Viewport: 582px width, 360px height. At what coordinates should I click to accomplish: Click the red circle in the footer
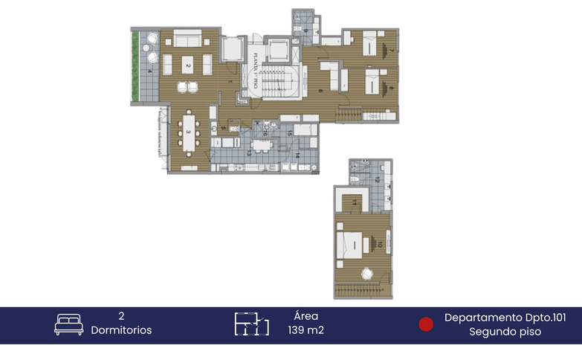point(426,324)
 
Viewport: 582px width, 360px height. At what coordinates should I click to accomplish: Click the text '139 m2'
point(305,330)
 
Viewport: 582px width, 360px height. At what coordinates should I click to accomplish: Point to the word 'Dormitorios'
point(121,330)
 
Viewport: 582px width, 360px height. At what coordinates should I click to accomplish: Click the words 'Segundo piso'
point(505,332)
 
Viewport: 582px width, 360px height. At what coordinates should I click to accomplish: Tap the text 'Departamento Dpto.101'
point(505,318)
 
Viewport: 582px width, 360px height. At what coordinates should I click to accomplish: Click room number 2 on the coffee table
point(189,66)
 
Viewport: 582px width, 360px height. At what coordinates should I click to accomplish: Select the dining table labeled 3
point(189,132)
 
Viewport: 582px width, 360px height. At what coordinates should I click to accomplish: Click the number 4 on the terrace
point(149,72)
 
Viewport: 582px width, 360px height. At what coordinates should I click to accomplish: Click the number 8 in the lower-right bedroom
point(391,88)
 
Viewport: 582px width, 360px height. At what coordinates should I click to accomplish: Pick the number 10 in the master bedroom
point(380,244)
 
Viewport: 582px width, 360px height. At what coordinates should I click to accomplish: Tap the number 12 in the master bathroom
point(377,179)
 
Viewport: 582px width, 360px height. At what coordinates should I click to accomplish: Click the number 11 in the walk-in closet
point(355,202)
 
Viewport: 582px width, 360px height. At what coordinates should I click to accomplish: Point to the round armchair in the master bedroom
point(366,273)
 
